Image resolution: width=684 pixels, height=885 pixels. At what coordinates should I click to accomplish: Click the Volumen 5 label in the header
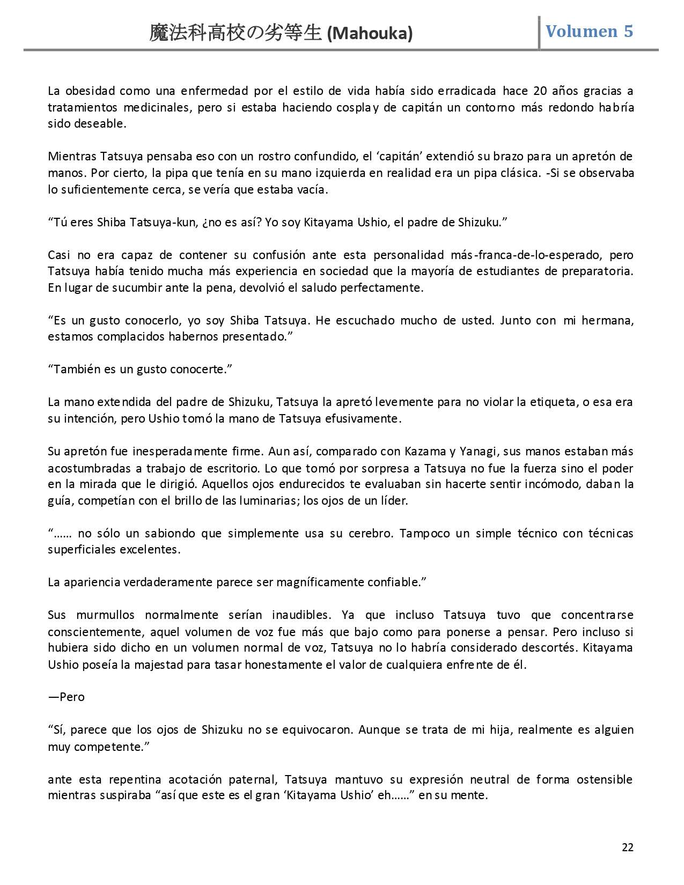coord(589,32)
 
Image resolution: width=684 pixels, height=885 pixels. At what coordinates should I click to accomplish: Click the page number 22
coord(627,847)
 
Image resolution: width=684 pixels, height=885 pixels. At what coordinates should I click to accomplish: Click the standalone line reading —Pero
coord(67,697)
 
